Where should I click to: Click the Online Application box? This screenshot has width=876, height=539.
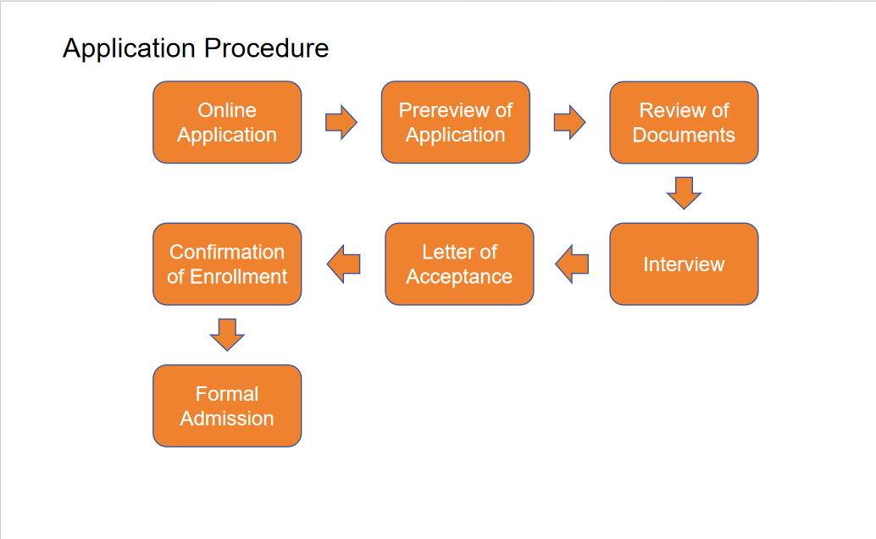(x=227, y=122)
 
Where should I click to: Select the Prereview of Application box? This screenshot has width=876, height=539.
(x=455, y=122)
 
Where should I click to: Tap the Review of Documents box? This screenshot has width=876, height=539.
(x=684, y=122)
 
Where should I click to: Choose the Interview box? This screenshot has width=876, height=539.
(x=684, y=264)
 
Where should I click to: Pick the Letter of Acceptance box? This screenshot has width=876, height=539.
(x=459, y=264)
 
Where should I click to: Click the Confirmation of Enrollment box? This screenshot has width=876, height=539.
(x=227, y=264)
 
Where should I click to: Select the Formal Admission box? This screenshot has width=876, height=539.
(x=227, y=406)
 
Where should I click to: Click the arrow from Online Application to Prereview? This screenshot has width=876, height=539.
(x=341, y=122)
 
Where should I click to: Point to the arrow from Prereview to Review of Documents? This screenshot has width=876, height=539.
(x=570, y=122)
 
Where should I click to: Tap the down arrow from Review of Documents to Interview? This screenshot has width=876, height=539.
(x=684, y=193)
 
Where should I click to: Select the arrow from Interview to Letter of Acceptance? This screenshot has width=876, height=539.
(x=572, y=264)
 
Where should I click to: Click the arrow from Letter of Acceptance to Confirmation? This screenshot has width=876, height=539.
(x=344, y=264)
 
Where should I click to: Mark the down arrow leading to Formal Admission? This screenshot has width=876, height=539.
(x=227, y=335)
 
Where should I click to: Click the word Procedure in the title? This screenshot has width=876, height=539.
(x=267, y=48)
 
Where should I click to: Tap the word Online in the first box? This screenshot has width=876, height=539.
(x=227, y=110)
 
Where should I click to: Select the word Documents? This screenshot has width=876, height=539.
(x=684, y=135)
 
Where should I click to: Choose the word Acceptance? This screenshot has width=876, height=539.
(x=459, y=277)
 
